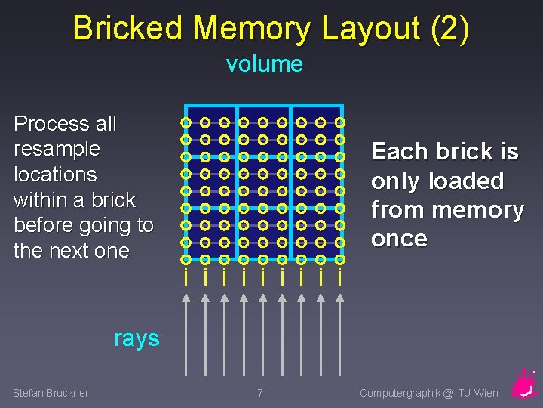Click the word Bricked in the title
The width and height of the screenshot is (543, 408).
pos(128,29)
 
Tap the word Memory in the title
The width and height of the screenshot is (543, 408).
pos(251,29)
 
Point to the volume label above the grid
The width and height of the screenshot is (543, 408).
pos(264,64)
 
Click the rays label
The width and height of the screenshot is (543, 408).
pos(137,338)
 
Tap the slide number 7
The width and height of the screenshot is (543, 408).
pos(260,393)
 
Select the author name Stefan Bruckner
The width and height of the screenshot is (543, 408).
pos(51,393)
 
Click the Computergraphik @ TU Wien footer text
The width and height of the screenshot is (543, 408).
pos(428,393)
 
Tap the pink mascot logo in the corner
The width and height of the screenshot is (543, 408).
pos(523,384)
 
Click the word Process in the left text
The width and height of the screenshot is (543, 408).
pos(44,123)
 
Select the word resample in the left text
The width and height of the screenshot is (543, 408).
pos(57,149)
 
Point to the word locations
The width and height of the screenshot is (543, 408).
pos(55,175)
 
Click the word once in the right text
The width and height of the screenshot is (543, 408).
pos(399,239)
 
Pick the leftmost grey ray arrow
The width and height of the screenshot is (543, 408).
pos(186,332)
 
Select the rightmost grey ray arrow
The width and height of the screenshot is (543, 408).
pos(339,332)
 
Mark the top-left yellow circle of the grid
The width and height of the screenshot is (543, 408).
pos(186,122)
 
